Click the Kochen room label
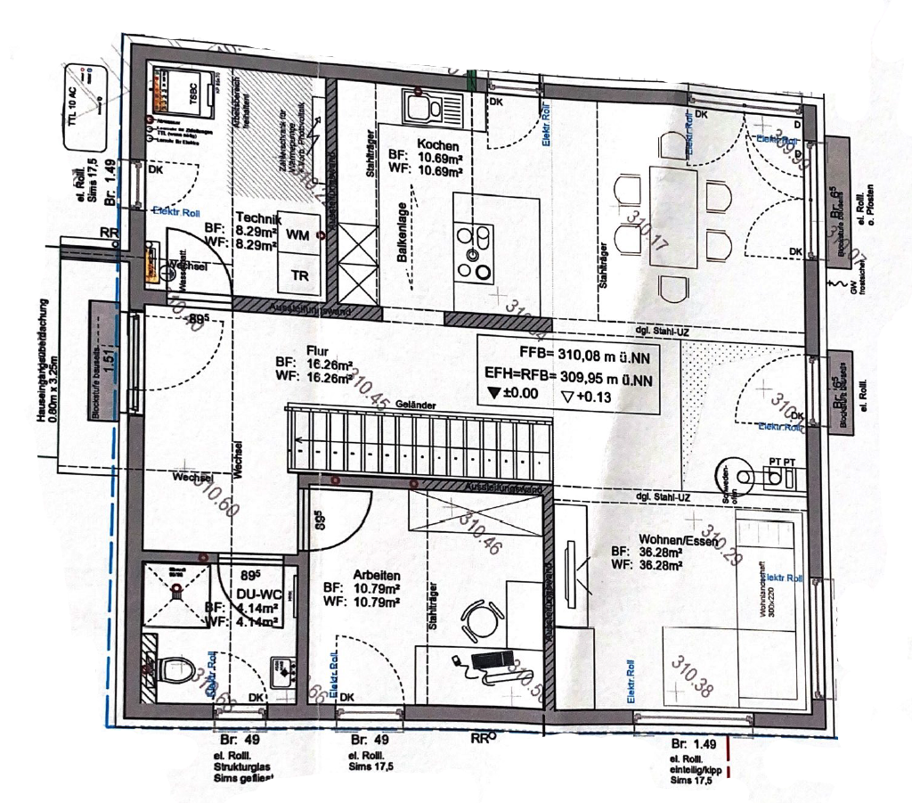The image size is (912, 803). tap(438, 145)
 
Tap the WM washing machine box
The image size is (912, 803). tap(299, 235)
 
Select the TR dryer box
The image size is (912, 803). tap(300, 276)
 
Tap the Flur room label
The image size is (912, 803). tap(317, 350)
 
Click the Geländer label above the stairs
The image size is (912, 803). tap(415, 405)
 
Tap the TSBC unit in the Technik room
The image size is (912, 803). tap(184, 91)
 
